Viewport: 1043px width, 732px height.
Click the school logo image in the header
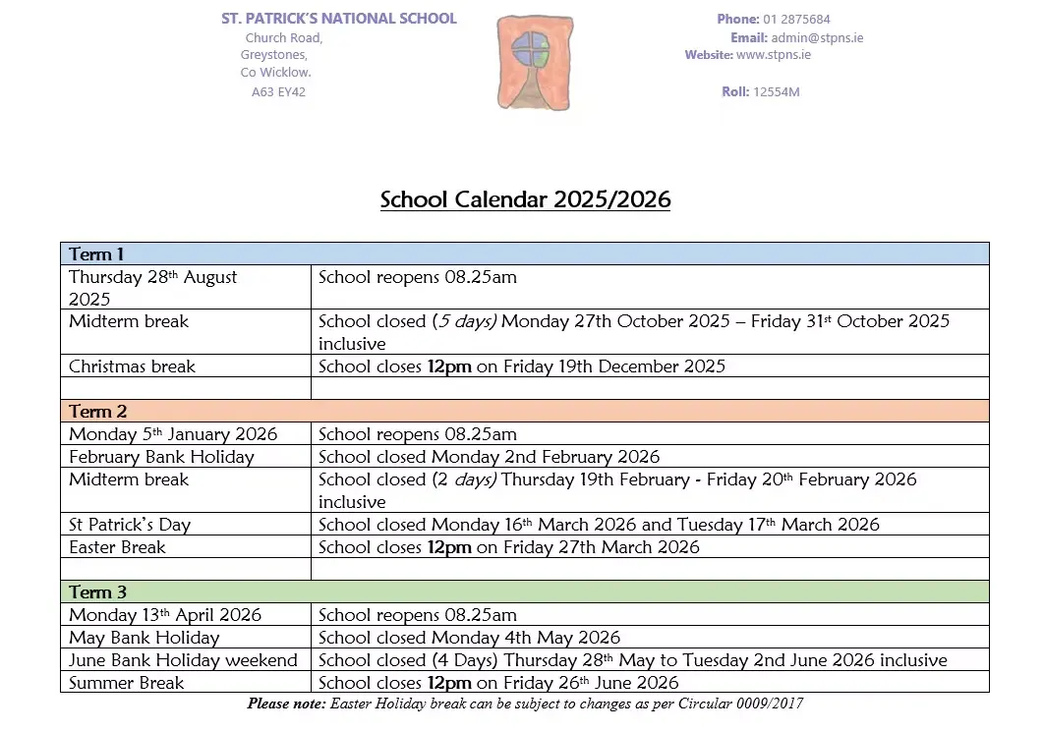(534, 62)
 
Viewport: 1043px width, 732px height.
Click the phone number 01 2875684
(796, 19)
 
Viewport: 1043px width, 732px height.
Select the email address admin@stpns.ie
(817, 38)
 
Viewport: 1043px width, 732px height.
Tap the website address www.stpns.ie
(773, 55)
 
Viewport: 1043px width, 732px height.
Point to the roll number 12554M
(776, 92)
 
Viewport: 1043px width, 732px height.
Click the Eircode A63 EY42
(278, 92)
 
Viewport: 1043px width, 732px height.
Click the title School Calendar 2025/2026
(525, 200)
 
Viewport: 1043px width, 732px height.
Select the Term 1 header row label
(97, 254)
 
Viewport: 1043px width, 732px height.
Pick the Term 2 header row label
(98, 412)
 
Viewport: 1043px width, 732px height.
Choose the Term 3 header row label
(98, 592)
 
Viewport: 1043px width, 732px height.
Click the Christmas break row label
(132, 366)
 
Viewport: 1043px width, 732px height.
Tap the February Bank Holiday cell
(161, 457)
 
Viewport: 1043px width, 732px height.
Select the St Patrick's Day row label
(130, 525)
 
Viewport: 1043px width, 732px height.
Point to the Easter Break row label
(117, 547)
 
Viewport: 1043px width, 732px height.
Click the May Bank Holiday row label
(144, 638)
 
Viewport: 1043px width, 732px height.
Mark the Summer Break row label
(126, 683)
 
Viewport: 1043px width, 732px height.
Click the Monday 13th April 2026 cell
(165, 615)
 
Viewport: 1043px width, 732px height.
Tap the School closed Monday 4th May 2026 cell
(470, 638)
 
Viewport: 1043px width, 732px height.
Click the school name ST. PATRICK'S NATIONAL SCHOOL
(339, 19)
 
